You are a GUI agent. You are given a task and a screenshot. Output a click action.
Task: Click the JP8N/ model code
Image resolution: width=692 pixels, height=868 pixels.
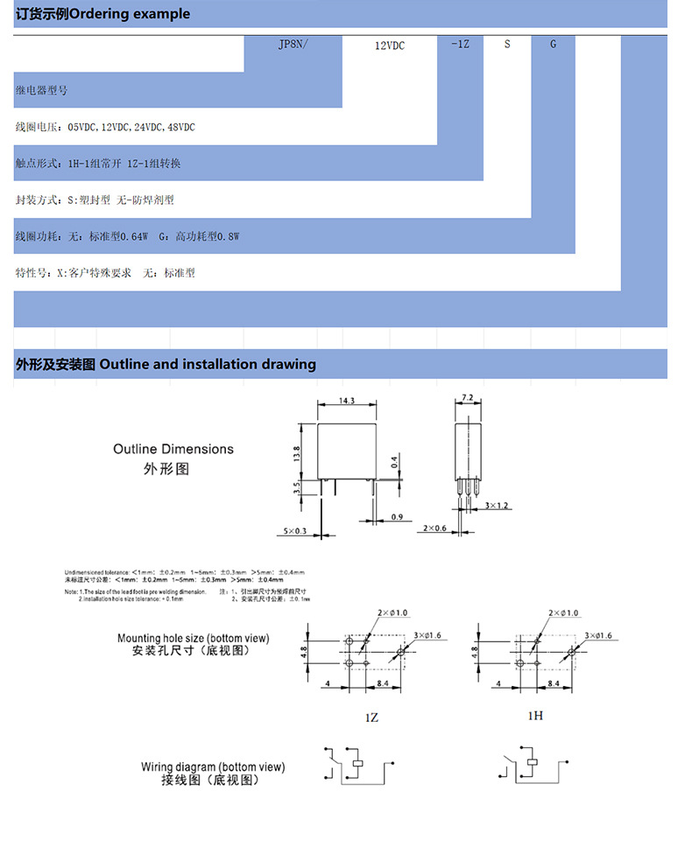(x=293, y=43)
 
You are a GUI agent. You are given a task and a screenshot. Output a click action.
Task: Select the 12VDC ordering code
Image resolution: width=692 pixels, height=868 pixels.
(x=389, y=44)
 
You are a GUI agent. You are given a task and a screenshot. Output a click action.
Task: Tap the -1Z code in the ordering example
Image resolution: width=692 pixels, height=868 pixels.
(x=460, y=43)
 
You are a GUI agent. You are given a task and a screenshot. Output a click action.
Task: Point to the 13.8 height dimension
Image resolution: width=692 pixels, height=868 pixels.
(x=296, y=453)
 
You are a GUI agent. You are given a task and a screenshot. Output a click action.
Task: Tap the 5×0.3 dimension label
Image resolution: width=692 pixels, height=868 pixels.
(x=295, y=531)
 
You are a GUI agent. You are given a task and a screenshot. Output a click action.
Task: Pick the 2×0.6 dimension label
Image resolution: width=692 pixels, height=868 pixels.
(x=434, y=528)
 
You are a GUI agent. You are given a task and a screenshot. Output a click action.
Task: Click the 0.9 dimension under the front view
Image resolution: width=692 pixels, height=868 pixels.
(x=396, y=517)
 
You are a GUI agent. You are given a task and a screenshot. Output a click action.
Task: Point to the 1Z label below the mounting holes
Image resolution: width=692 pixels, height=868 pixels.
(x=371, y=717)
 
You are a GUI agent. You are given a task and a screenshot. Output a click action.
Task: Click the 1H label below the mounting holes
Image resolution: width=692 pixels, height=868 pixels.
(x=535, y=715)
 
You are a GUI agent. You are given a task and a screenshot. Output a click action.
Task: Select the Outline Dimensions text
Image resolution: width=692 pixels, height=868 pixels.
(x=173, y=449)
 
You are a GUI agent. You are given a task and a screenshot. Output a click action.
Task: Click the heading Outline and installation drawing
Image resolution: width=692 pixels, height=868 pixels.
(x=166, y=364)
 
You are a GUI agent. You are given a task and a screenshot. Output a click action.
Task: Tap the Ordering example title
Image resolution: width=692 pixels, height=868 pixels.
(x=102, y=14)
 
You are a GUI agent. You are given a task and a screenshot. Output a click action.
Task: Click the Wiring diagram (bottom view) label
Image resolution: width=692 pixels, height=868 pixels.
(x=213, y=766)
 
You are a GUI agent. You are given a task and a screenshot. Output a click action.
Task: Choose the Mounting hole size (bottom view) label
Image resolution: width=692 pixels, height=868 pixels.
(x=194, y=638)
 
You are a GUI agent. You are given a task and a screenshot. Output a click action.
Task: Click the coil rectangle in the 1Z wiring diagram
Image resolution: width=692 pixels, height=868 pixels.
(x=357, y=763)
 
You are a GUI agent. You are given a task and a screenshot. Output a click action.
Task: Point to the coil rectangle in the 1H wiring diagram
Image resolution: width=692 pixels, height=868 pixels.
(x=533, y=763)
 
